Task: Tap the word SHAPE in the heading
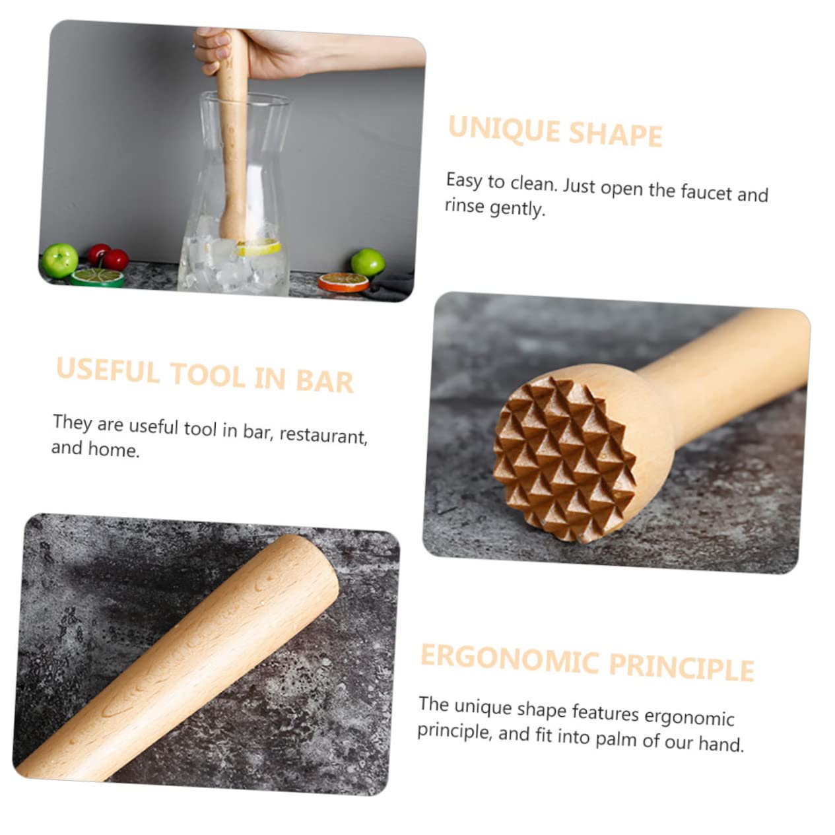pyautogui.click(x=615, y=134)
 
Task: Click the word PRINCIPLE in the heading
pyautogui.click(x=681, y=667)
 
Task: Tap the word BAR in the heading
pyautogui.click(x=323, y=380)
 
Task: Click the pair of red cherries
pyautogui.click(x=108, y=257)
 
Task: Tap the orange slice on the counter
pyautogui.click(x=343, y=282)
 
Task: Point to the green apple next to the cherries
pyautogui.click(x=60, y=259)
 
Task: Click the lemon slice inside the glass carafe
pyautogui.click(x=259, y=249)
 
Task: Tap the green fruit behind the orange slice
pyautogui.click(x=368, y=261)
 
